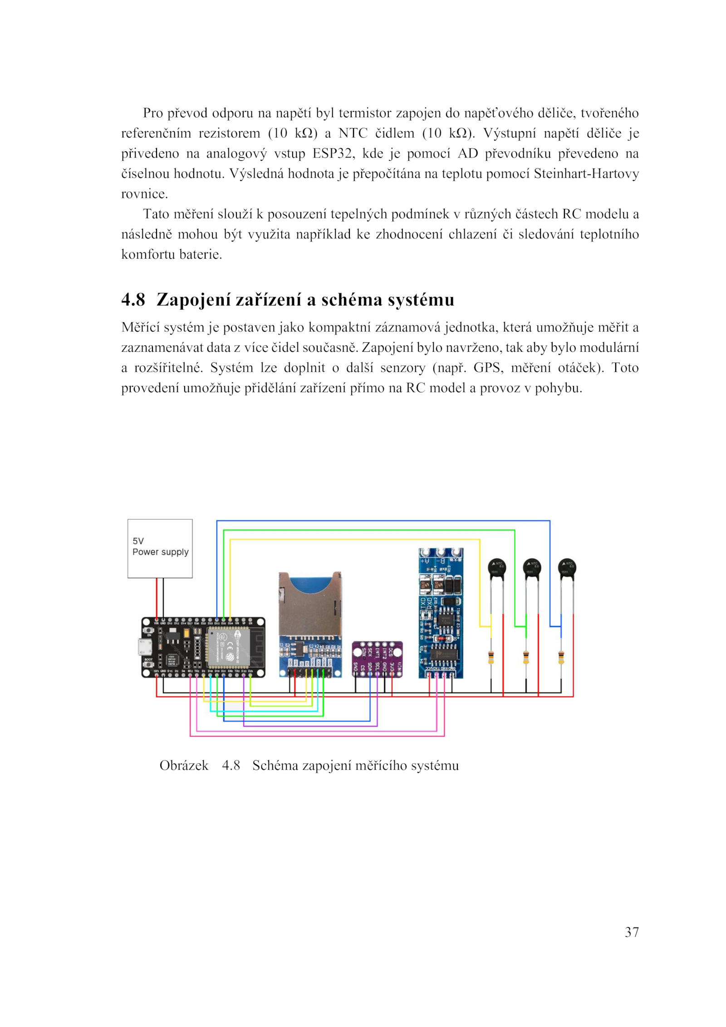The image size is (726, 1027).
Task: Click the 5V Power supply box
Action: coord(160,548)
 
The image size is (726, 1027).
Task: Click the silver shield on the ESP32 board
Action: coord(228,647)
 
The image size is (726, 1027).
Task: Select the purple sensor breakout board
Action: coord(377,659)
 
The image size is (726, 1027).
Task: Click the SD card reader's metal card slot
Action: coord(309,603)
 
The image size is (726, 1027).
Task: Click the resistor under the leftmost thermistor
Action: coord(491,657)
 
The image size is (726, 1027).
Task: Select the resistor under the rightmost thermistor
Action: coord(561,657)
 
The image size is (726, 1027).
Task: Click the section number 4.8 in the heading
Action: coord(133,300)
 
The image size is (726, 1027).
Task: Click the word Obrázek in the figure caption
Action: coord(184,766)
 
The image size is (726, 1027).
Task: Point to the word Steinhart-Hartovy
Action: coord(586,174)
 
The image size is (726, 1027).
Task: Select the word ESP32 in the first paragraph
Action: coord(332,154)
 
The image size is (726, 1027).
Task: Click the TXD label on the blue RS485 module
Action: coord(423,603)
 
